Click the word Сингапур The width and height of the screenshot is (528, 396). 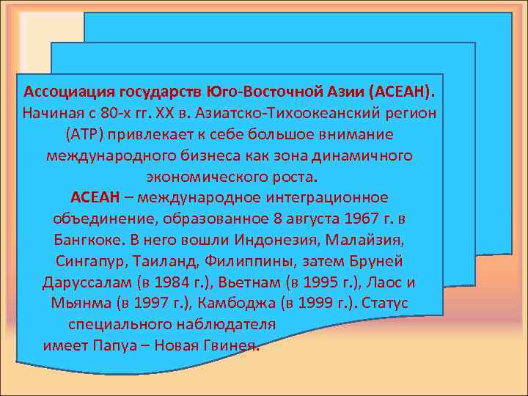90,262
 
